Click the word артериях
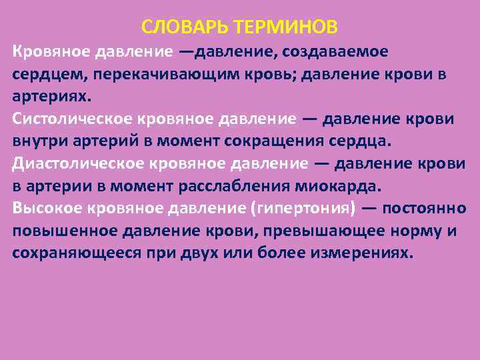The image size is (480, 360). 50,96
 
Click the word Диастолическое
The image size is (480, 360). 68,164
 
